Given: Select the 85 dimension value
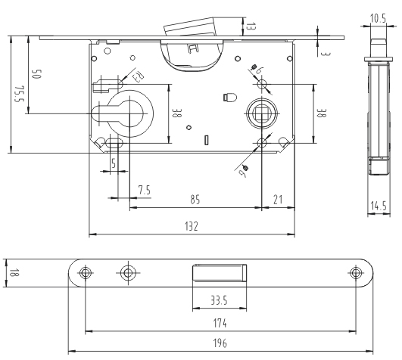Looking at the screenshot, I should click(x=195, y=200).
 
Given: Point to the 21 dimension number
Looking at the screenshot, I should click(x=279, y=200).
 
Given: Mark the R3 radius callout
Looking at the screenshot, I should click(x=139, y=76).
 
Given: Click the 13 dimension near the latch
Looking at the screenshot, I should click(x=251, y=27).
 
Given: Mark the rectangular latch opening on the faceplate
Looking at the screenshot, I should click(x=219, y=272).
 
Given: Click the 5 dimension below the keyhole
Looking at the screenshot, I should click(x=113, y=162).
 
